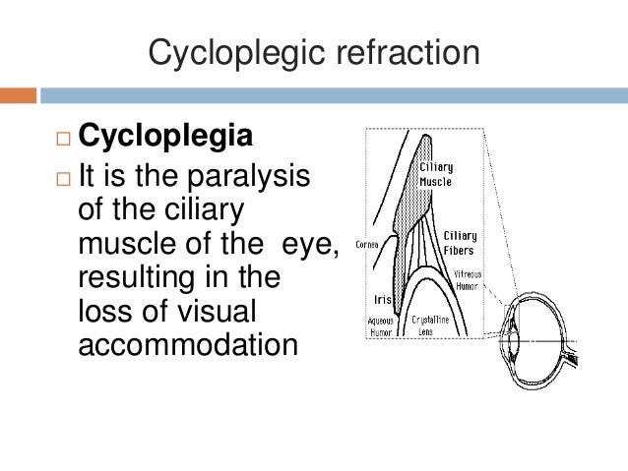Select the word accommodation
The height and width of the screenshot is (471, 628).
[x=186, y=345]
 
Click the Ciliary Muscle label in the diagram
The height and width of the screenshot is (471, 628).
[x=436, y=174]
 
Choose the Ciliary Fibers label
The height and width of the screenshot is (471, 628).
[x=459, y=242]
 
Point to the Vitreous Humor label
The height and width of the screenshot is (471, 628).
[x=467, y=279]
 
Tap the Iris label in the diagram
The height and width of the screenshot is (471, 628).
[x=384, y=300]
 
